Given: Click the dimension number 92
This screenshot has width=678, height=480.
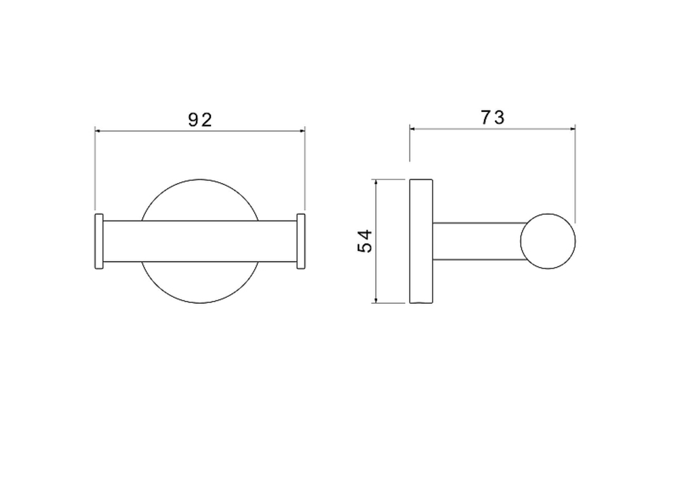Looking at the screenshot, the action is [x=200, y=120].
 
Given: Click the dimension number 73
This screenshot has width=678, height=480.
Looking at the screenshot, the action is [x=492, y=117].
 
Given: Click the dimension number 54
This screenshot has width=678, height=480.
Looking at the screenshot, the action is [x=365, y=241].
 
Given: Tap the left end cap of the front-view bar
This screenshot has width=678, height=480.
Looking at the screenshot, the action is [x=99, y=241].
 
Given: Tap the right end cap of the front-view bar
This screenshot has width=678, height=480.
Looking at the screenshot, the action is [x=301, y=241].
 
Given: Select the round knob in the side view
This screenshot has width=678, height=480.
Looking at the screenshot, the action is [x=548, y=241].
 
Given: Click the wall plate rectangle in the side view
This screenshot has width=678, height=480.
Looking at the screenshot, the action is [x=421, y=241].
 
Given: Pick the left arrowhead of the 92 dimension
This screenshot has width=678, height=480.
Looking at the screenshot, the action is [x=98, y=131].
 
